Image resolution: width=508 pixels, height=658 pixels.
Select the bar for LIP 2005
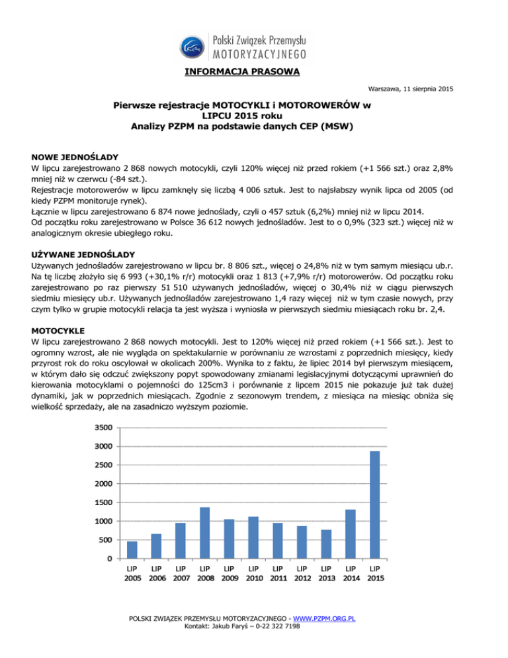point(132,549)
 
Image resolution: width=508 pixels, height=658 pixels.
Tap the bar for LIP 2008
point(204,533)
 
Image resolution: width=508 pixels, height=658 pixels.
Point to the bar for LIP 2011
point(277,540)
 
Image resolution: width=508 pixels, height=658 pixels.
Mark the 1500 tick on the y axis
point(102,502)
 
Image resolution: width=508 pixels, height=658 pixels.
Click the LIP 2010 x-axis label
point(253,574)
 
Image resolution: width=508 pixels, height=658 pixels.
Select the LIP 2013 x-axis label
point(325,574)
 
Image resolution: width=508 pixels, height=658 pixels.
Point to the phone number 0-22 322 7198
point(281,628)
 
